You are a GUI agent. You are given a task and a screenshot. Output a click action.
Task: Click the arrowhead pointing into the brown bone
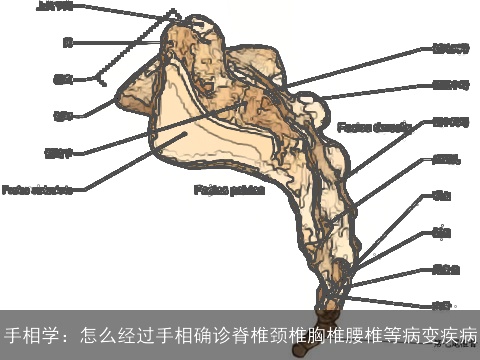click(x=246, y=104)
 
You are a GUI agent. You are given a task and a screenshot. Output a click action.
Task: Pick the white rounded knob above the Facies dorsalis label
click(x=318, y=103)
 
